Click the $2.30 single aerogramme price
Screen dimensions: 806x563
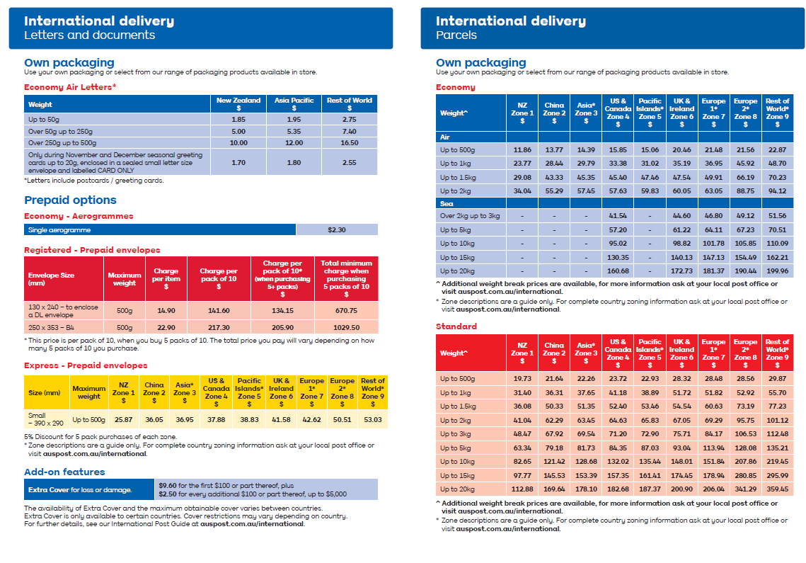337,229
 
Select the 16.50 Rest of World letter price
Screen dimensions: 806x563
350,142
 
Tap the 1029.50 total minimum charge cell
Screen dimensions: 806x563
347,327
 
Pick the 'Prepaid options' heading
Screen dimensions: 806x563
71,200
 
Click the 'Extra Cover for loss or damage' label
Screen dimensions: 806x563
80,489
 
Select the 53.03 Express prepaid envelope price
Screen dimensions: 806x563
373,419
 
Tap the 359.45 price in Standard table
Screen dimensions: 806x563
777,489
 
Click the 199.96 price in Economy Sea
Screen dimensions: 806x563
777,271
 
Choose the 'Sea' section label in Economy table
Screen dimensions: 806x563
447,203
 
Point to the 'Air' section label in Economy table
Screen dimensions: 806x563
444,137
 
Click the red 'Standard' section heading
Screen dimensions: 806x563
456,326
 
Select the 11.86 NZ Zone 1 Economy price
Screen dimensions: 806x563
522,149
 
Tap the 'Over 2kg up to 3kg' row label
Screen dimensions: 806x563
470,215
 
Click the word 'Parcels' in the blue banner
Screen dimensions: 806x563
456,35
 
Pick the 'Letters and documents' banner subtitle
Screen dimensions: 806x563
89,35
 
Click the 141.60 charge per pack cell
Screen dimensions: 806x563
219,310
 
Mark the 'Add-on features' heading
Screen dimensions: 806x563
65,472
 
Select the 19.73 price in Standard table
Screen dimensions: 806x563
522,378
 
